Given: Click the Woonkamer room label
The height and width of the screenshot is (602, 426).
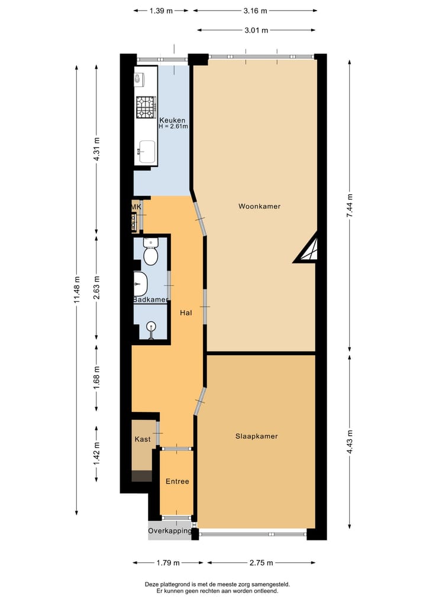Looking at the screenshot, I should click(x=259, y=207).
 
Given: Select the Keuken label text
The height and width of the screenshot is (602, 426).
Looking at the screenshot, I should click(x=172, y=120).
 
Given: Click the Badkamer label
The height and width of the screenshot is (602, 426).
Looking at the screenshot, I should click(x=150, y=300).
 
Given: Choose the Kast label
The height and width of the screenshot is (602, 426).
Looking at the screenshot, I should click(x=143, y=439).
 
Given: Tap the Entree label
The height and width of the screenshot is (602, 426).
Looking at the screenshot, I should click(x=177, y=481).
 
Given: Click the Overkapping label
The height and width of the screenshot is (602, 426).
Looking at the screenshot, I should click(x=170, y=531).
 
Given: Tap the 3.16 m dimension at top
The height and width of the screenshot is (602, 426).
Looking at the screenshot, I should click(x=255, y=11).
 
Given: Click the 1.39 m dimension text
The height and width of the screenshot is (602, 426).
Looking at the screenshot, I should click(x=161, y=11).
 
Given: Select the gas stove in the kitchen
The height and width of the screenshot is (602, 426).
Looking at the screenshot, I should click(x=146, y=107).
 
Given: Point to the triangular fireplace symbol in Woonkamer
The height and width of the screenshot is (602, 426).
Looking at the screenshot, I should click(x=309, y=250).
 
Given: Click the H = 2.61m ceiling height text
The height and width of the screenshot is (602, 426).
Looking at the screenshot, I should click(x=173, y=126).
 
